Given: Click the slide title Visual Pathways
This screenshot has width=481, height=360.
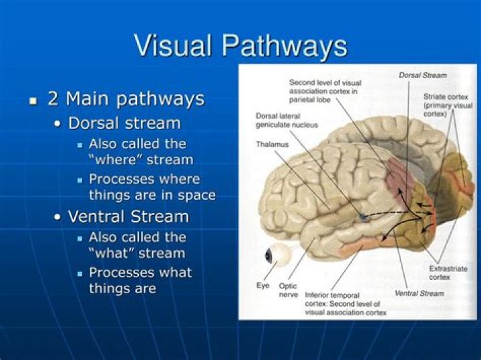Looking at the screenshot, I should (240, 45).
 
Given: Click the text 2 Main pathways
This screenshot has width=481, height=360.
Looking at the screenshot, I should (126, 100).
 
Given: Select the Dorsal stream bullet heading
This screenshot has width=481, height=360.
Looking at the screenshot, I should (124, 124).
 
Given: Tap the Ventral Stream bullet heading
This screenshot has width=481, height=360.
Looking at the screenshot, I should (128, 217).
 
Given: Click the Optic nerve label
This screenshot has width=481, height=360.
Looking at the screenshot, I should (288, 289).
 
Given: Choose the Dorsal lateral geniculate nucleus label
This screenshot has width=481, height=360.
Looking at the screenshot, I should (287, 120).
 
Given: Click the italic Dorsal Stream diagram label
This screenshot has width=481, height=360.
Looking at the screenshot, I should (422, 75).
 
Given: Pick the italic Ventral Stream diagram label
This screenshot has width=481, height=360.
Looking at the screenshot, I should (419, 293).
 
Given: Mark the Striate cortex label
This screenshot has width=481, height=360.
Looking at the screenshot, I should (448, 106).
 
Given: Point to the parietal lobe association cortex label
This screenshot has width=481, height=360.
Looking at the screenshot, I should (326, 90).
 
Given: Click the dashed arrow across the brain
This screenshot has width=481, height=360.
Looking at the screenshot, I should (394, 214).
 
